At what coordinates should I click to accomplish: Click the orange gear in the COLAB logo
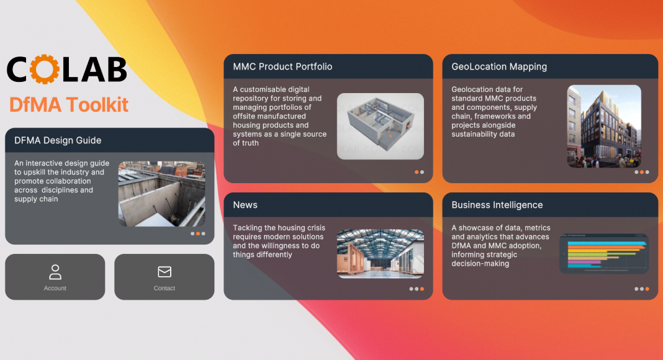point(45,70)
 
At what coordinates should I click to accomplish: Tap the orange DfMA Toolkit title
point(68,105)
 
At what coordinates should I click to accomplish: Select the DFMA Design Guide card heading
point(58,140)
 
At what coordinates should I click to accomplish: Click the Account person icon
point(55,272)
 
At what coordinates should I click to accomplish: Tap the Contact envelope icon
point(165,272)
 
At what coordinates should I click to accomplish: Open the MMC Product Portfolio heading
point(282,66)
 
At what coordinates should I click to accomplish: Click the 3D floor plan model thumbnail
point(380,127)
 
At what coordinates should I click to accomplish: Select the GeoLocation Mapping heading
point(499,66)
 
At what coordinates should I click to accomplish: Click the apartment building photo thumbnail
point(604,127)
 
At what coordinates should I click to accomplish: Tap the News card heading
point(245,205)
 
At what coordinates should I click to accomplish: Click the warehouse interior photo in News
point(380,253)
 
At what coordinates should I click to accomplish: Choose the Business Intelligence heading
point(497,205)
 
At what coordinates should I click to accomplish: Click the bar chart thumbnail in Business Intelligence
point(604,253)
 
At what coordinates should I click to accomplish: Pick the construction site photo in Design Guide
point(161,194)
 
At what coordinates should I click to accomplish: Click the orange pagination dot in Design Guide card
point(198,233)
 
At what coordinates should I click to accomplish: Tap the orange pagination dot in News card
point(422,289)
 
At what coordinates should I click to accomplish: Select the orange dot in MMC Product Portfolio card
point(417,172)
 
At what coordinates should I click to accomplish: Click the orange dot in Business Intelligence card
point(647,289)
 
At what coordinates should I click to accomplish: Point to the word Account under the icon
point(55,288)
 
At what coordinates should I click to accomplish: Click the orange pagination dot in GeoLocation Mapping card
point(642,172)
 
